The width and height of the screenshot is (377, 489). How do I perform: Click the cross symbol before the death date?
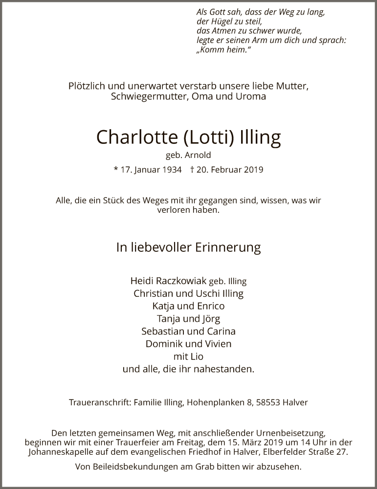[x=193, y=170]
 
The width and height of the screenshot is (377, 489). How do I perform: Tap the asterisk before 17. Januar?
[x=116, y=170]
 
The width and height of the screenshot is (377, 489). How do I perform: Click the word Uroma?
[x=250, y=96]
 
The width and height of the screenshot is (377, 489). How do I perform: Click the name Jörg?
[x=209, y=319]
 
